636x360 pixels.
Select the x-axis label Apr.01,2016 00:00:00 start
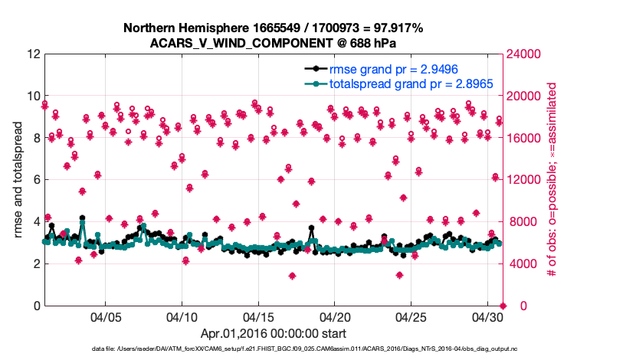coord(273,334)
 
